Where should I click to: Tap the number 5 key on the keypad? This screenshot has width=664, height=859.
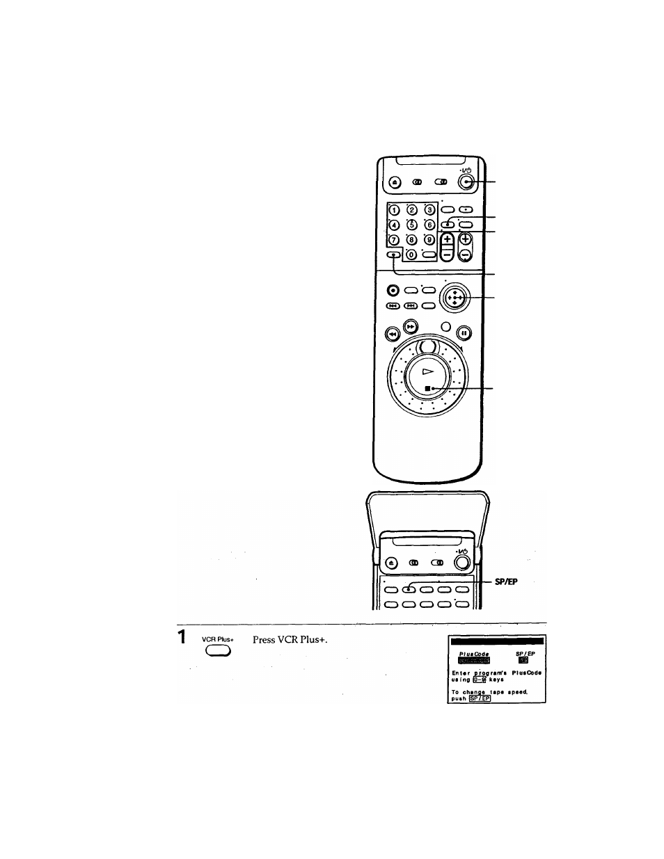(411, 225)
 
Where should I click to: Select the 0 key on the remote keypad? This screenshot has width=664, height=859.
(411, 255)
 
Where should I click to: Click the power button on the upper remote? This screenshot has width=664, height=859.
(466, 182)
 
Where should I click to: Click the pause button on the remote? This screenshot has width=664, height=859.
(465, 332)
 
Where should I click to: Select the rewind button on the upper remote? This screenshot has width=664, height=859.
(393, 332)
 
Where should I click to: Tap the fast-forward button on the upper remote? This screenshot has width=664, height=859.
(411, 326)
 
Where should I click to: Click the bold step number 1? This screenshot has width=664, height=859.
(181, 637)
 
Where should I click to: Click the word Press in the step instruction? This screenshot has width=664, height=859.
(264, 639)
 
